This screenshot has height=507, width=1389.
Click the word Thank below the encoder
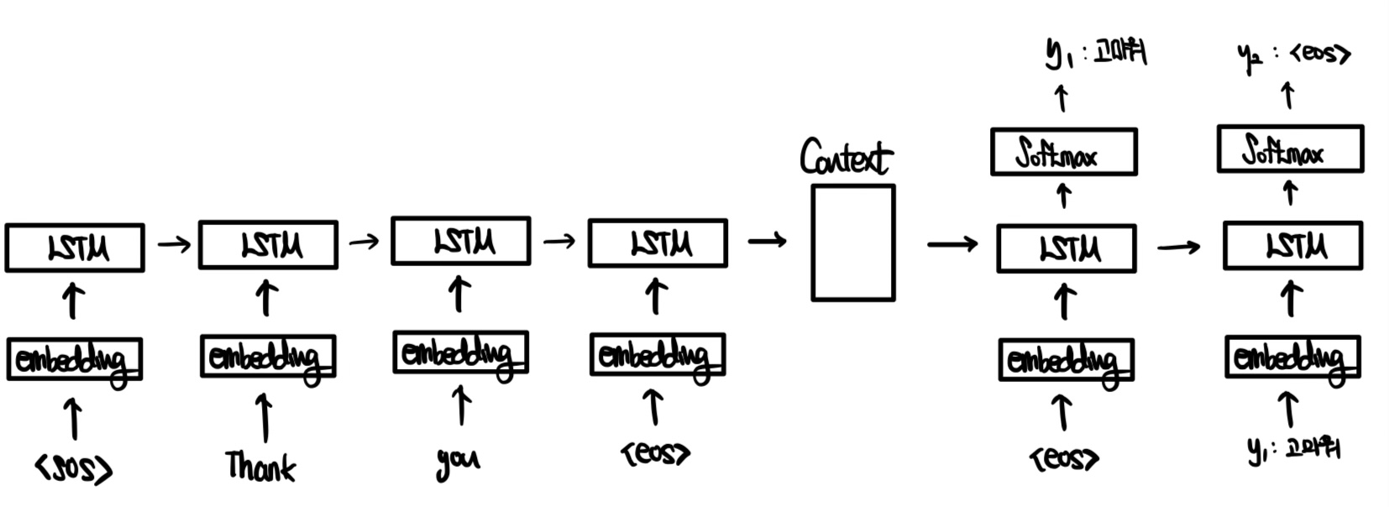(x=260, y=467)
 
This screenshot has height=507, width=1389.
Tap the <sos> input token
(x=74, y=468)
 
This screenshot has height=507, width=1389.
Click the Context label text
(x=846, y=158)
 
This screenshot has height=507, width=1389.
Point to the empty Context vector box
(x=852, y=243)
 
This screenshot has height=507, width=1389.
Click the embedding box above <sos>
(x=74, y=359)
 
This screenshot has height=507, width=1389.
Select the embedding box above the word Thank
(x=268, y=357)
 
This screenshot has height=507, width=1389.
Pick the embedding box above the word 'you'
(x=460, y=353)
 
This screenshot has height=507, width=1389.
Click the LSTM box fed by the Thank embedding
(x=268, y=245)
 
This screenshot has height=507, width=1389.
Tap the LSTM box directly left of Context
(x=658, y=243)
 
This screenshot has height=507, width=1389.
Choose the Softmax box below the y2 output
(x=1290, y=149)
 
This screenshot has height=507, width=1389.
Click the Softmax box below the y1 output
(x=1063, y=152)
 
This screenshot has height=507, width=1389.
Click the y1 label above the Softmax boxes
(x=1095, y=54)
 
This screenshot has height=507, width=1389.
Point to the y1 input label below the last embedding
(x=1293, y=451)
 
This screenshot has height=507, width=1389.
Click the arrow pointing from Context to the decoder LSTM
(x=952, y=244)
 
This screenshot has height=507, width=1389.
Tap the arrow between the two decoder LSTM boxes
(x=1178, y=247)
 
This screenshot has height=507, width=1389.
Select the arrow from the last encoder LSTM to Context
(x=767, y=242)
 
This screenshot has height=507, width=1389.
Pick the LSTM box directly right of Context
(x=1066, y=248)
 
